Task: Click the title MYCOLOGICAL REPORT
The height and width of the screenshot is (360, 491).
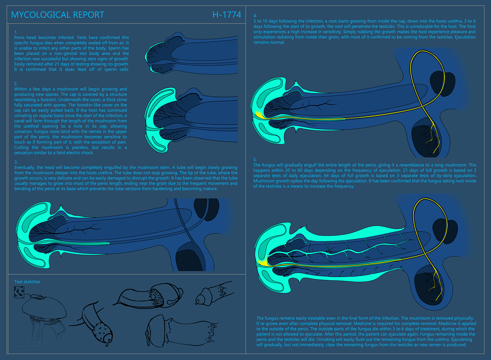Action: pyautogui.click(x=58, y=15)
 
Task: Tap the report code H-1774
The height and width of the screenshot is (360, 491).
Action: pyautogui.click(x=227, y=15)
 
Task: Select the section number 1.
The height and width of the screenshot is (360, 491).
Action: pyautogui.click(x=16, y=32)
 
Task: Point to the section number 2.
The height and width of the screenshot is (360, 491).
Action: pyautogui.click(x=16, y=84)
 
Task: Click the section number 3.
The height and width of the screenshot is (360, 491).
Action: pyautogui.click(x=16, y=162)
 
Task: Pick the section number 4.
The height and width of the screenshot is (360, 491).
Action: pyautogui.click(x=255, y=16)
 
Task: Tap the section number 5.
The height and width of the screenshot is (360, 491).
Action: pyautogui.click(x=255, y=160)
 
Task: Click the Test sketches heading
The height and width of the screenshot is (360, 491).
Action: pyautogui.click(x=27, y=282)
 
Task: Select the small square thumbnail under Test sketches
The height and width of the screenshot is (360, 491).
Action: pyautogui.click(x=19, y=292)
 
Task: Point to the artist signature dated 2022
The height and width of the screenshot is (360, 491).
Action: pyautogui.click(x=34, y=343)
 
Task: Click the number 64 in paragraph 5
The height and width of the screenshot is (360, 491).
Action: pyautogui.click(x=326, y=176)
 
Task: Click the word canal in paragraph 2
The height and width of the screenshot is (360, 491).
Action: pyautogui.click(x=20, y=121)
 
